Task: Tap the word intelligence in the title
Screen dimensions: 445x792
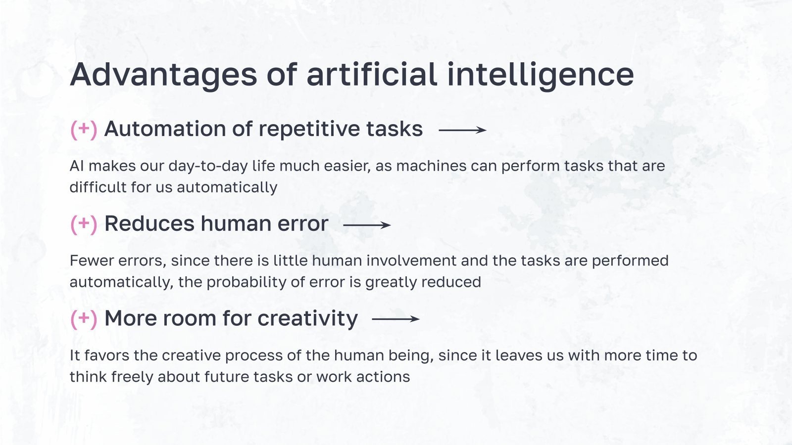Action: coord(540,75)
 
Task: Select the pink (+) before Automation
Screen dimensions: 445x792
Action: coord(84,129)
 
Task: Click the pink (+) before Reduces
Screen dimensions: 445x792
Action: coord(84,223)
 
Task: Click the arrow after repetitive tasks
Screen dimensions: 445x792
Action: coord(462,130)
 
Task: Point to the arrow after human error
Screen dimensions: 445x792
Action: coord(367,225)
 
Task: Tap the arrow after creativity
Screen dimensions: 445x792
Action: coord(396,319)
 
